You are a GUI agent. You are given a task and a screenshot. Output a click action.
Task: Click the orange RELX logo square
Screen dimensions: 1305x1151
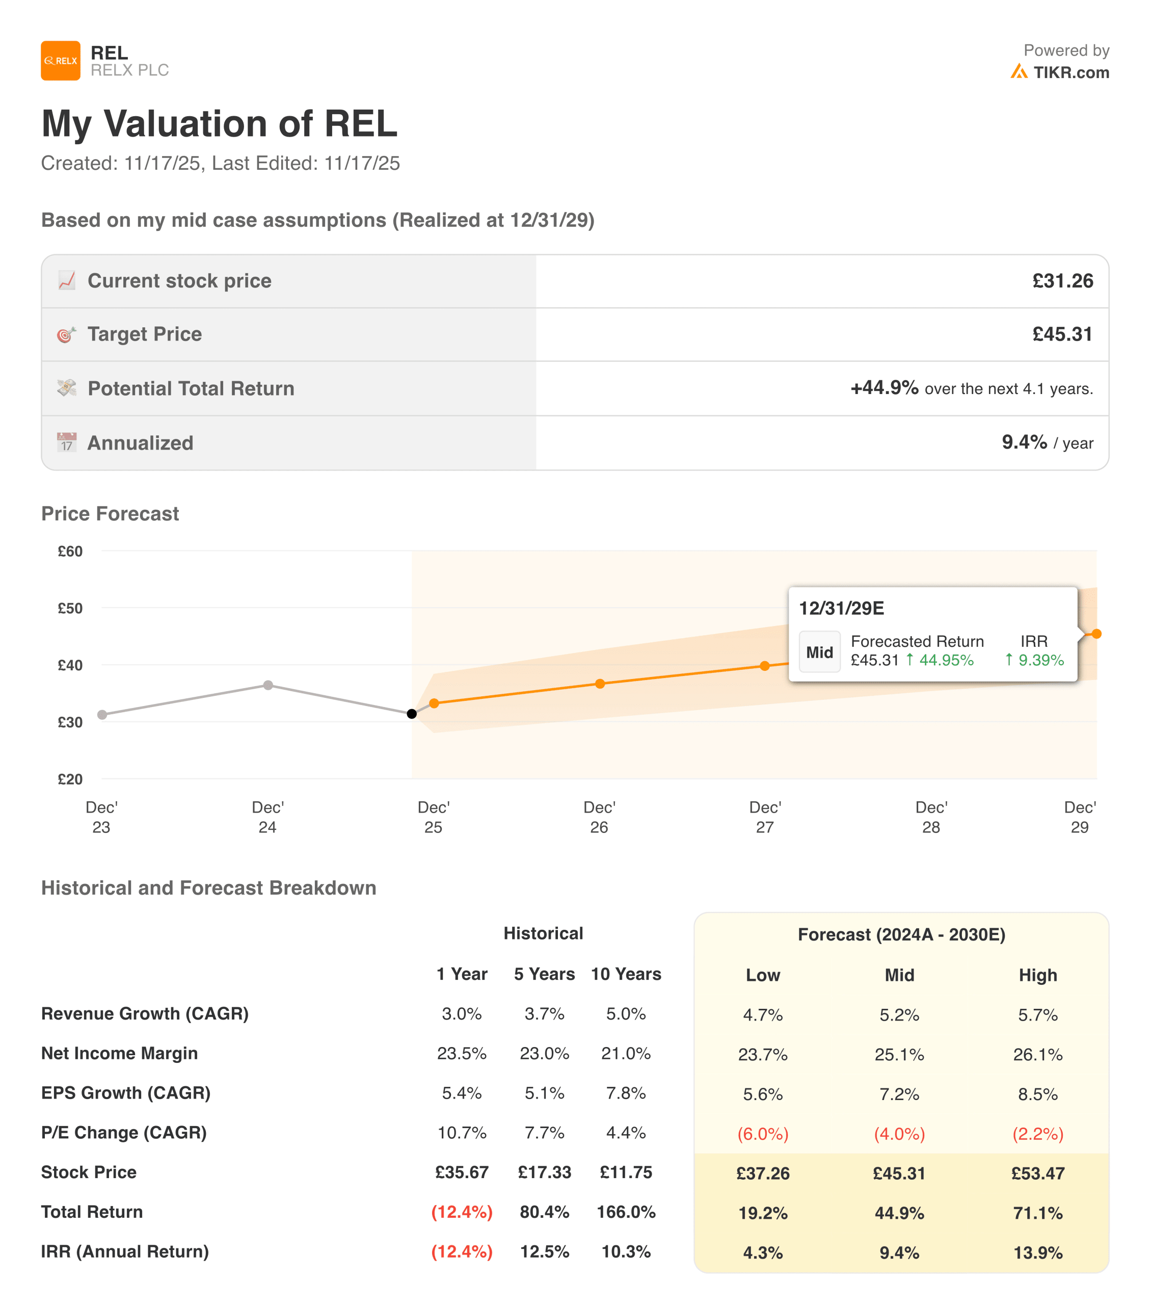pos(61,61)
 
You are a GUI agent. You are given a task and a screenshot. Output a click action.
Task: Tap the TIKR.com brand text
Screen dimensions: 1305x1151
pos(1070,73)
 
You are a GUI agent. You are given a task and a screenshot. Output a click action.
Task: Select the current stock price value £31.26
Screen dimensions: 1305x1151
pos(1062,281)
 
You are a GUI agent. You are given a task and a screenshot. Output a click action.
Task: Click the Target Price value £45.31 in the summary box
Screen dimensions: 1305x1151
pos(1062,334)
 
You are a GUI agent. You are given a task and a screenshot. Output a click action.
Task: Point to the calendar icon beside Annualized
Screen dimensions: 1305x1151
pos(66,442)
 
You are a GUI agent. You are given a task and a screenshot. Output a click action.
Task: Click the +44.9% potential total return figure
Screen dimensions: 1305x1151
pos(885,387)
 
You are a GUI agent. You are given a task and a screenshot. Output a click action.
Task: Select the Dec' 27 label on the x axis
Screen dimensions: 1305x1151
pos(765,817)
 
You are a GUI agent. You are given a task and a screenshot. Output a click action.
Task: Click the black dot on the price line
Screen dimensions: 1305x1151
pos(412,714)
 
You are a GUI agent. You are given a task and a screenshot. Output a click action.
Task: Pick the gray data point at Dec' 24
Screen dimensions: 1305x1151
pos(268,685)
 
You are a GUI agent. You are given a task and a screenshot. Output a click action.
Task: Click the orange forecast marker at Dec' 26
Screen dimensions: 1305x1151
pos(600,684)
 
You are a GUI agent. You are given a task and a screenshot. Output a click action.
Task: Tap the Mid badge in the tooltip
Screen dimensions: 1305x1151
pos(819,652)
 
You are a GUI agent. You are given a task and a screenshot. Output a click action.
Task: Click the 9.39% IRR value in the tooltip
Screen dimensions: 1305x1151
pos(1040,660)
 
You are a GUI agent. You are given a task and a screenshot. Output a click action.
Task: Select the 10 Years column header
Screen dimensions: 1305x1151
pos(626,974)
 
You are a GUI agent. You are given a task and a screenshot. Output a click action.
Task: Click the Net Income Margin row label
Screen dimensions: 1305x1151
pos(119,1054)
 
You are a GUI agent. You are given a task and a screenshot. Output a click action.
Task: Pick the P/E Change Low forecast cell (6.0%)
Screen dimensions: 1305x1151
pos(763,1134)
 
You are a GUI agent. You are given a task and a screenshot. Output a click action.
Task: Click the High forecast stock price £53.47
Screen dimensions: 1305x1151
pos(1037,1173)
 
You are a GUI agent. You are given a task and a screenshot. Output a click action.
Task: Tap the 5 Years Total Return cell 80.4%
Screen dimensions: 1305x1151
pos(544,1212)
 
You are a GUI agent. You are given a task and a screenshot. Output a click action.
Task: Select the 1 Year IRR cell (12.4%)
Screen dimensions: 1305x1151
pos(462,1251)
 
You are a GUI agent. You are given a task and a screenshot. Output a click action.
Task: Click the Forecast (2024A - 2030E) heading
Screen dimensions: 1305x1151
pos(901,935)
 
